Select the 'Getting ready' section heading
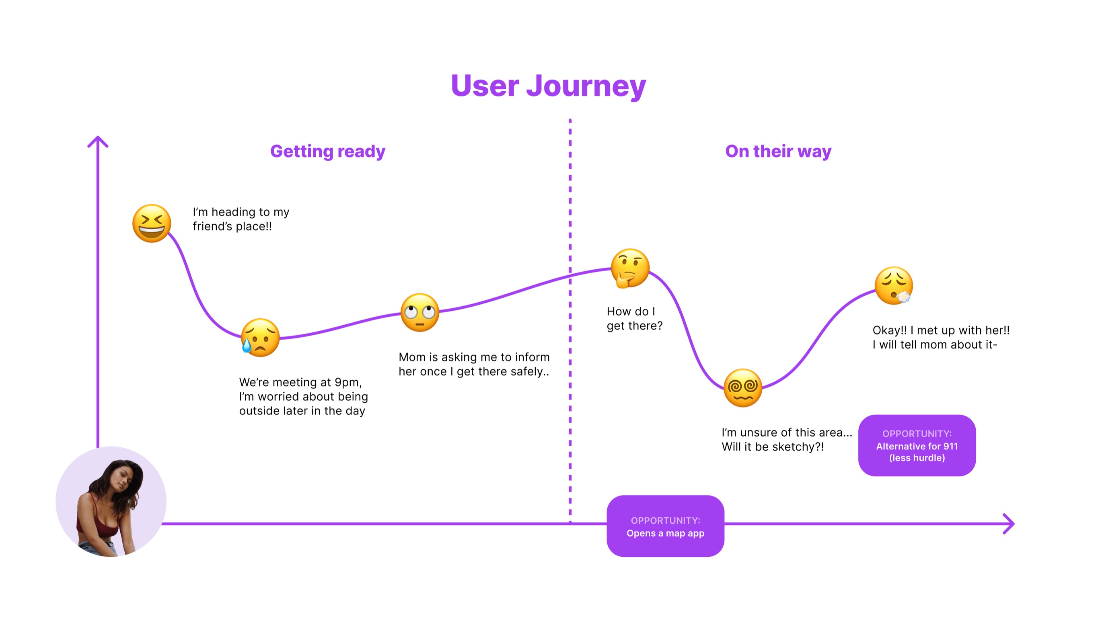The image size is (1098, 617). tap(327, 151)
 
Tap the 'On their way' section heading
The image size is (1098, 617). tap(778, 151)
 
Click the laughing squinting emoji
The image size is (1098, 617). tap(152, 223)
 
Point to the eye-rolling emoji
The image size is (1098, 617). tap(420, 312)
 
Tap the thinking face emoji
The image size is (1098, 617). tap(629, 268)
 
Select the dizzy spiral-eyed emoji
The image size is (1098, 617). tap(742, 388)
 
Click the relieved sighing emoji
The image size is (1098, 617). tap(893, 286)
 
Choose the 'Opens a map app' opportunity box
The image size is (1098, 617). tap(665, 526)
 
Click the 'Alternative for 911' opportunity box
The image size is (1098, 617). tap(917, 445)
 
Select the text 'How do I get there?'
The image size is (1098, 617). tap(634, 318)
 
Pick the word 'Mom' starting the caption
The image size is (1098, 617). tap(412, 357)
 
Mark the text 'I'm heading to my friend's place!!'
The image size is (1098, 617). tap(241, 219)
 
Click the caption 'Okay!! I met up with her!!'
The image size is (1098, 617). tap(941, 330)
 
